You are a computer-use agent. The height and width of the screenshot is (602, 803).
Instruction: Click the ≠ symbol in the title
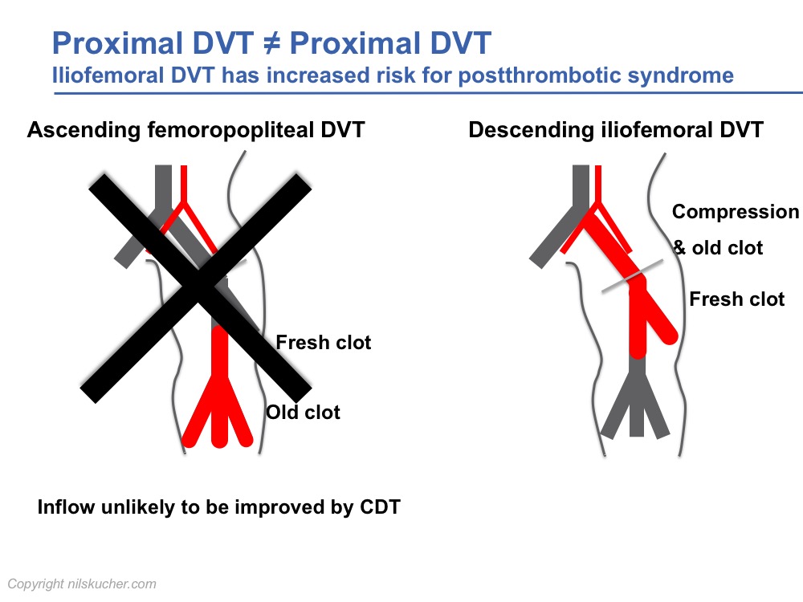point(272,43)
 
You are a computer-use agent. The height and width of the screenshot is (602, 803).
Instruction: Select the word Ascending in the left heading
point(84,130)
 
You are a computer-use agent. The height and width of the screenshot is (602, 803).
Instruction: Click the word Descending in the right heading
point(531,129)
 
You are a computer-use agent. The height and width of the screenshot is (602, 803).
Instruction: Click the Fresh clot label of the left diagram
point(323,343)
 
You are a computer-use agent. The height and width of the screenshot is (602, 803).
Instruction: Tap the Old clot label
point(304,412)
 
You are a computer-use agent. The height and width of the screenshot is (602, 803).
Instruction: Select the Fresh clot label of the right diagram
point(737,299)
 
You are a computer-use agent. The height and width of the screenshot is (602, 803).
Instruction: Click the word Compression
point(736,212)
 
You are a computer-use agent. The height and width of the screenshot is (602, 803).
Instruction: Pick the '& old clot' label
point(718,248)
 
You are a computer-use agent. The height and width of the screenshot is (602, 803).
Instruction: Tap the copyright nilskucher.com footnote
point(82,584)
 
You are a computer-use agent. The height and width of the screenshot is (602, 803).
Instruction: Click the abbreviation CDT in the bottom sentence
point(380,507)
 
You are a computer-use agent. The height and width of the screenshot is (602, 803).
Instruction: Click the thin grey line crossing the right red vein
point(633,276)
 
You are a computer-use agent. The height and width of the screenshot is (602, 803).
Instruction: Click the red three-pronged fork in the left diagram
point(219,409)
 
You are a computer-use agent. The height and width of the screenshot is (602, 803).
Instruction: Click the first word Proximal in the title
point(117,43)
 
